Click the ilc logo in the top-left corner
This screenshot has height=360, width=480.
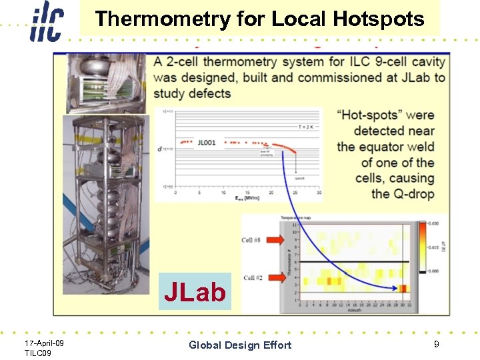coord(45,21)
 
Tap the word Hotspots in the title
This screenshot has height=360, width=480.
coord(383,19)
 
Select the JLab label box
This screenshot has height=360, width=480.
coord(195,292)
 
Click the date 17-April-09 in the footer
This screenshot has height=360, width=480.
coord(44,342)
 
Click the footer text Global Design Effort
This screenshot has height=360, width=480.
coord(240,345)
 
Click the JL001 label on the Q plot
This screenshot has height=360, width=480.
coord(207,142)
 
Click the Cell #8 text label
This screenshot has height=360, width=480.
coord(252,240)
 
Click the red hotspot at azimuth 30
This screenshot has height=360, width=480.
coord(403,288)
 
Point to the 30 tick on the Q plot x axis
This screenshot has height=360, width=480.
coord(319,193)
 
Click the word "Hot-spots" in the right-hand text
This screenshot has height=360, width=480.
coord(365,115)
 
